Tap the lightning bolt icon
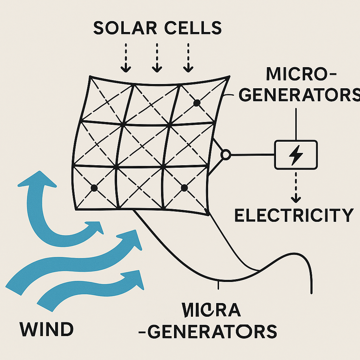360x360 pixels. pyautogui.click(x=295, y=154)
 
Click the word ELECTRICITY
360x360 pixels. pyautogui.click(x=294, y=215)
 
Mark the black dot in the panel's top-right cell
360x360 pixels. pyautogui.click(x=197, y=103)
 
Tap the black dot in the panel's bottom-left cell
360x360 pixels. pyautogui.click(x=94, y=188)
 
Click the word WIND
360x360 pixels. pyautogui.click(x=46, y=329)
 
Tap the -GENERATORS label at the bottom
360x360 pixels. pyautogui.click(x=212, y=332)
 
